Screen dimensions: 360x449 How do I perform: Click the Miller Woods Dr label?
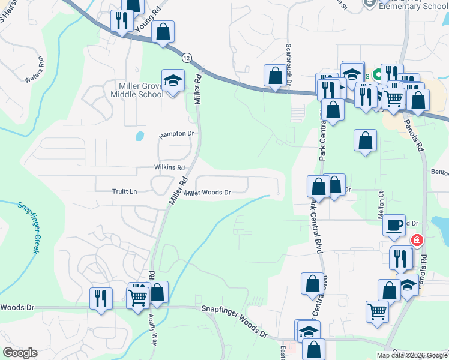coord(208,193)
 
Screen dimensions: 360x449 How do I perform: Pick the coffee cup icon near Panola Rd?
coord(394,224)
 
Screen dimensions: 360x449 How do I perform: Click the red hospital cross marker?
coord(417,241)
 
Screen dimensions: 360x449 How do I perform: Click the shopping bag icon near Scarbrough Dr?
coord(275,76)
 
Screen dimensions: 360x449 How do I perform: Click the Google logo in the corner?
coord(20,353)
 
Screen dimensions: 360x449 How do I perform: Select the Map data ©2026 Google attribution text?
coord(411,355)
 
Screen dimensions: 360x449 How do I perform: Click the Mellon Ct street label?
coord(381,203)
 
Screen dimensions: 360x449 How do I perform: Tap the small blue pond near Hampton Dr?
coord(140,136)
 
